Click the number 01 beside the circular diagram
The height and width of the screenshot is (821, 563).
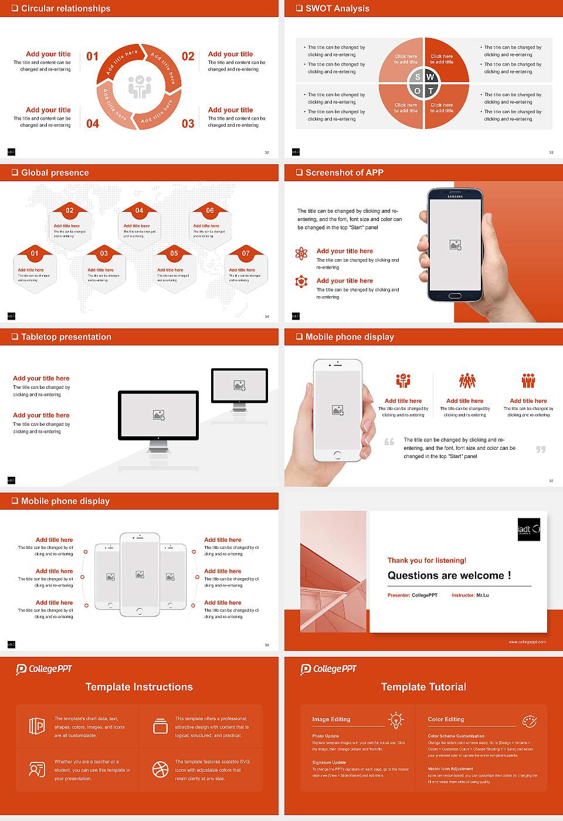93,56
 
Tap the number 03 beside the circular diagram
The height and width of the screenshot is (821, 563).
188,124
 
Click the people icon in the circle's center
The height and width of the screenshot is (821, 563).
140,86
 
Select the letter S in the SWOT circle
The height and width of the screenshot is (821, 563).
418,77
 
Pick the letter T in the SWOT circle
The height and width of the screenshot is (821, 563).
430,91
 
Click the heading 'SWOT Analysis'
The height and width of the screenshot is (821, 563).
337,8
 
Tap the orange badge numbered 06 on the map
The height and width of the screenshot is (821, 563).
210,211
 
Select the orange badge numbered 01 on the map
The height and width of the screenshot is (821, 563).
35,253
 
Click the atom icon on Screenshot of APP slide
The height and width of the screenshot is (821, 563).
301,253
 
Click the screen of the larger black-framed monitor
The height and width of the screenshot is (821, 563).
158,415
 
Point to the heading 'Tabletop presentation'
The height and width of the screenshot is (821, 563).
66,337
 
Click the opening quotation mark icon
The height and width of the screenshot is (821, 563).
389,442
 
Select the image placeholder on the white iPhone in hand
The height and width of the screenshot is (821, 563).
338,410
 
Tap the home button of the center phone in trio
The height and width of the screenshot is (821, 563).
140,611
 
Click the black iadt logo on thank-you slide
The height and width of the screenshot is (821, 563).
528,530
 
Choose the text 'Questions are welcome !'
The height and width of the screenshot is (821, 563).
449,575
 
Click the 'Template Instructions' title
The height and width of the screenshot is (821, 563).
139,687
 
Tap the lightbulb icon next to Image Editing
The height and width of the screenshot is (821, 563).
396,720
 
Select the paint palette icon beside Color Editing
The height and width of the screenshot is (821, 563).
529,721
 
